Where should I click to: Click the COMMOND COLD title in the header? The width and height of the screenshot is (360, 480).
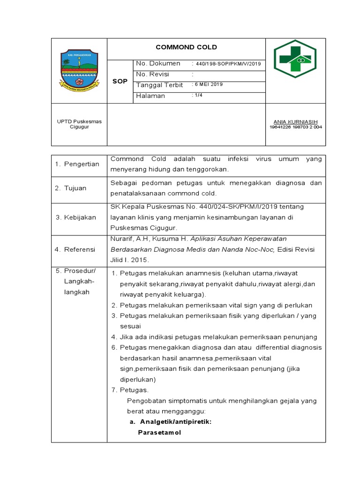(186, 47)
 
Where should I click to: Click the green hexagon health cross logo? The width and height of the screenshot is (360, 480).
(295, 59)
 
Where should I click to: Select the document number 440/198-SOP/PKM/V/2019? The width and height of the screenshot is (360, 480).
(229, 64)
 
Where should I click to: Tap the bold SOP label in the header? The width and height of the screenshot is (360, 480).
(120, 81)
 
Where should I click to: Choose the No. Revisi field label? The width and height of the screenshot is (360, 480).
(152, 75)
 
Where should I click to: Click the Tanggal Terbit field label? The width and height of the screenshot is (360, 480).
(159, 85)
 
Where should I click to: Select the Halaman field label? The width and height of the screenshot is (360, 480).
(150, 96)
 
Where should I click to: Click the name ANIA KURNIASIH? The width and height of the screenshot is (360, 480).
(295, 121)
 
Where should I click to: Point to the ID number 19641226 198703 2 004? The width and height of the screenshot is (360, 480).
(295, 127)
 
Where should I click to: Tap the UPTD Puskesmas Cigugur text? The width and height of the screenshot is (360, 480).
(79, 124)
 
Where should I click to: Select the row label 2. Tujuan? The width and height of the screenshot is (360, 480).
(71, 188)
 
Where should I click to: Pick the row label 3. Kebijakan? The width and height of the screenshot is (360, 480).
(75, 217)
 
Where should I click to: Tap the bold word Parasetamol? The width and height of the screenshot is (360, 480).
(159, 432)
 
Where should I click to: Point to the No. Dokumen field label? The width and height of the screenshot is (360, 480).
(157, 63)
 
